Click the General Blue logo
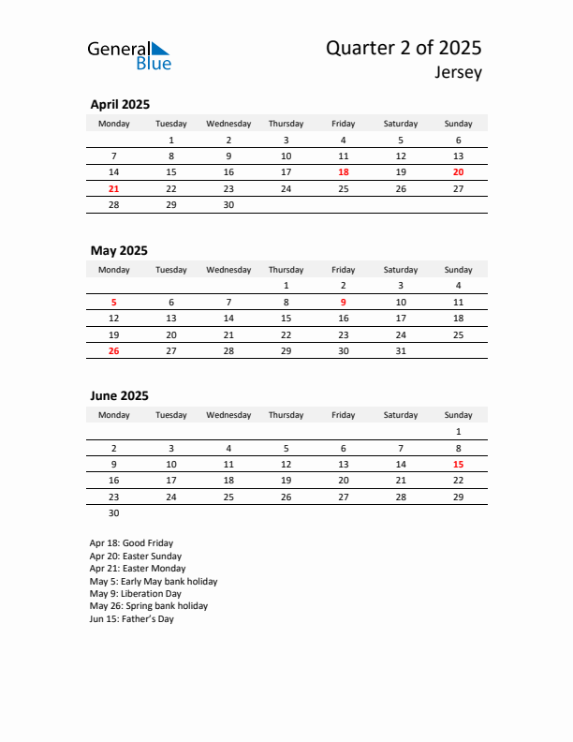[129, 55]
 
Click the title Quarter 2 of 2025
[404, 48]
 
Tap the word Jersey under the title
[458, 73]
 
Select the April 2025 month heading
[120, 105]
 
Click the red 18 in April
[344, 172]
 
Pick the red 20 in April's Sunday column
[458, 172]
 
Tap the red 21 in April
[114, 188]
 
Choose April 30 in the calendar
[228, 204]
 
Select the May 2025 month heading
[119, 250]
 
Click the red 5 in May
[114, 302]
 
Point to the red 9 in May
[344, 302]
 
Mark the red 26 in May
[114, 350]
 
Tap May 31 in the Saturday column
[401, 350]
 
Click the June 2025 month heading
[120, 396]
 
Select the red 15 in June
[458, 464]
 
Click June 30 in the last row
[114, 512]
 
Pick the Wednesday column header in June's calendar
[228, 415]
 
